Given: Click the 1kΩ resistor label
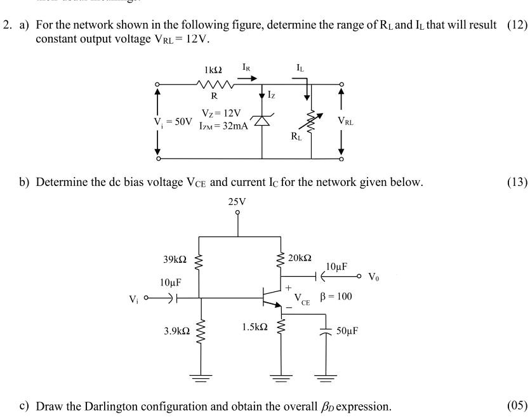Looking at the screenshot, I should pyautogui.click(x=214, y=68).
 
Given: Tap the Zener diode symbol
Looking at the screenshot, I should pyautogui.click(x=262, y=121).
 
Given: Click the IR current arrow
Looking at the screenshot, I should pyautogui.click(x=248, y=75).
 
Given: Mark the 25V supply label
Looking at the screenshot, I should pyautogui.click(x=238, y=202).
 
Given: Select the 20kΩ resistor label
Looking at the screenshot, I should pyautogui.click(x=300, y=258).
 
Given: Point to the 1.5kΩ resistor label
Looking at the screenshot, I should pyautogui.click(x=255, y=328).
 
